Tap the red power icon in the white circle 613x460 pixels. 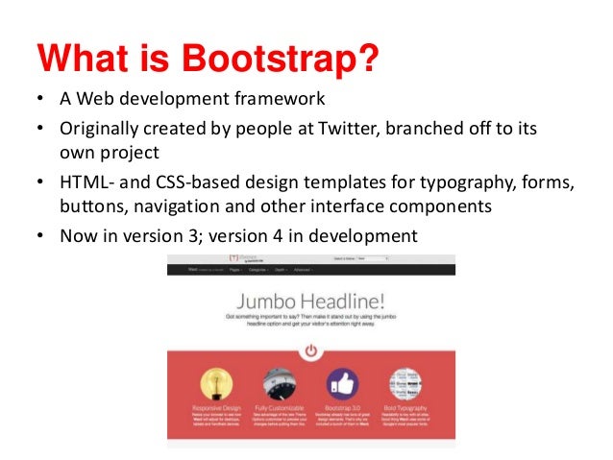click(x=309, y=351)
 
